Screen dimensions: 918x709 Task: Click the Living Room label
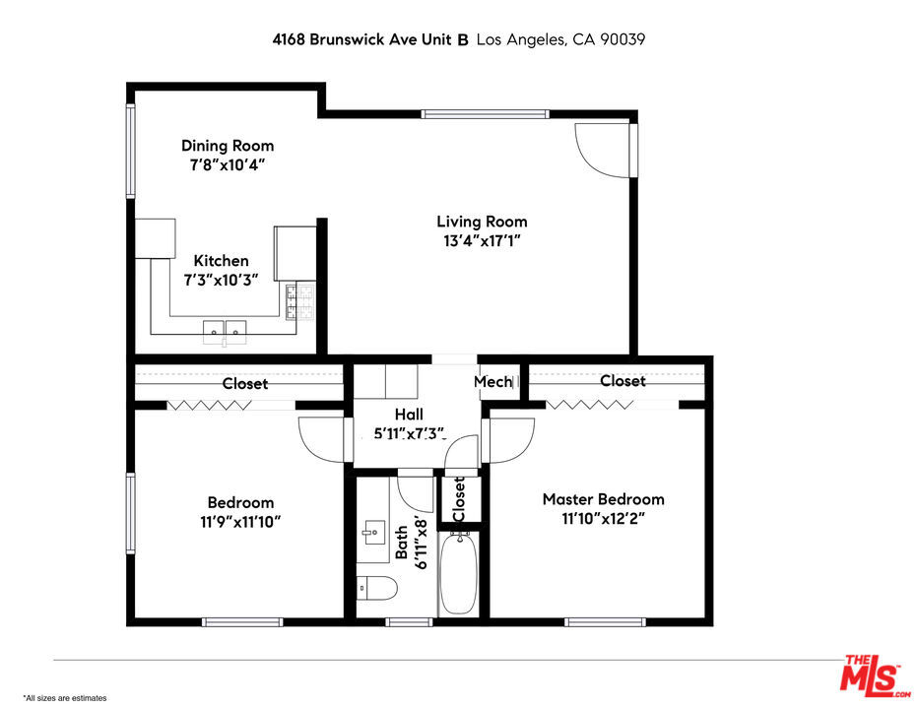pos(482,222)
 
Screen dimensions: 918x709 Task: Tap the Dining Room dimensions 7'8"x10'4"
pos(228,165)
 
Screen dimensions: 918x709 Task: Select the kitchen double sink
pos(225,332)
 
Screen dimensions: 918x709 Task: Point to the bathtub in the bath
pos(458,573)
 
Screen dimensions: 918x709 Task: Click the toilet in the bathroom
pos(376,587)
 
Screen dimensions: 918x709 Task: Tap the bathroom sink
pos(371,533)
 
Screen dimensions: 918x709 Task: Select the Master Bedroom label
pos(603,499)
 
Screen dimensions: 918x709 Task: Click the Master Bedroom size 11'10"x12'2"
pos(603,519)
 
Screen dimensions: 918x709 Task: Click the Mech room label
pos(492,382)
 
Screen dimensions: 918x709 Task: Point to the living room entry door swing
pos(603,151)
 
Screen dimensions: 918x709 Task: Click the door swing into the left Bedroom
pos(321,439)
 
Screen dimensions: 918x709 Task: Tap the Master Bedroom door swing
pos(511,440)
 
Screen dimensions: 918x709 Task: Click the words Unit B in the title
pos(447,39)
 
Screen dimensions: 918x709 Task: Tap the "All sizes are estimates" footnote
pos(65,698)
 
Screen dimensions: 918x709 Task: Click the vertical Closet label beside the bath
pos(459,499)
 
